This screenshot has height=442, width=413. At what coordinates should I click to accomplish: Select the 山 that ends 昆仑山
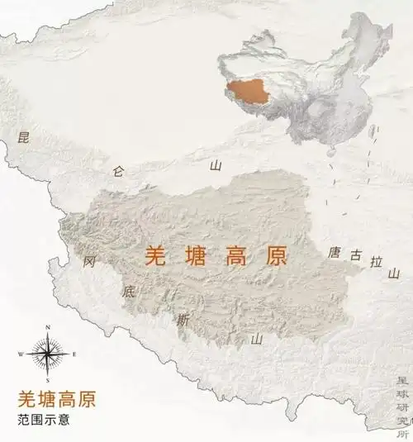(216, 165)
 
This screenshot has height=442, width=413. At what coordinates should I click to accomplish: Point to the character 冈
(90, 262)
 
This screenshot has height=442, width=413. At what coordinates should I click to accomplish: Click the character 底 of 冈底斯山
(129, 291)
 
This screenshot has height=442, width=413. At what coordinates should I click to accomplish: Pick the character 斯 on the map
(182, 320)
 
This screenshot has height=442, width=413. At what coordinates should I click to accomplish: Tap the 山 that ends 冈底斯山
(257, 338)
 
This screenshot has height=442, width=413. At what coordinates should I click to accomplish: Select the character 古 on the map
(356, 256)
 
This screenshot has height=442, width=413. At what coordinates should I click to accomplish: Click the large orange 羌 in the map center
(155, 256)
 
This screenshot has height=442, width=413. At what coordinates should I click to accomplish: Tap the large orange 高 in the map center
(235, 256)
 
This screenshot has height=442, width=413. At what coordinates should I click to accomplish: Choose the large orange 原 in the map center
(274, 256)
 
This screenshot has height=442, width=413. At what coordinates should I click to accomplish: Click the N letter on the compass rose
(48, 328)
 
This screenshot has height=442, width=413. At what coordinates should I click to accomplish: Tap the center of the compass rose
(48, 354)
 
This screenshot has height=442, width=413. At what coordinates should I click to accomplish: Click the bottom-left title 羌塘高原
(56, 399)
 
